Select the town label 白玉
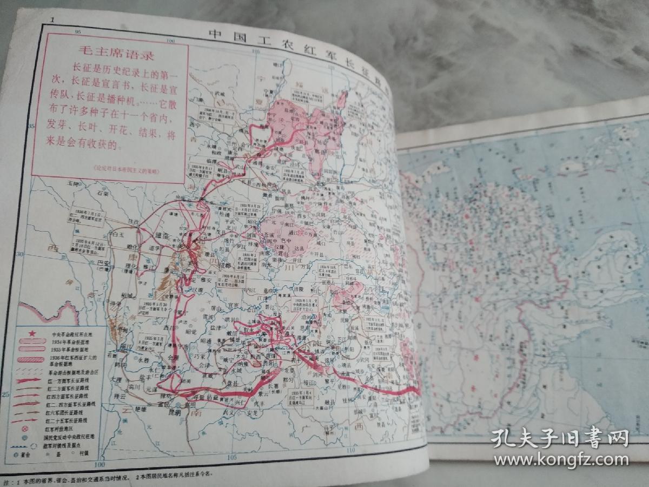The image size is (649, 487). click(117, 235)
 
